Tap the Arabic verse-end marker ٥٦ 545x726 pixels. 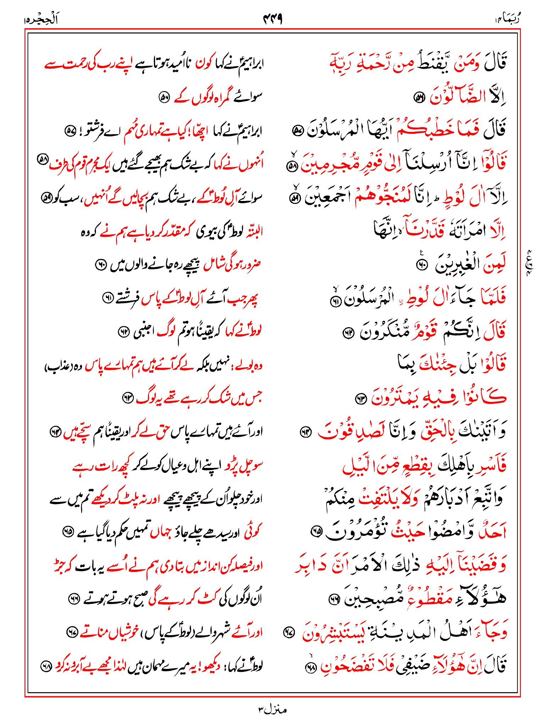point(419,97)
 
